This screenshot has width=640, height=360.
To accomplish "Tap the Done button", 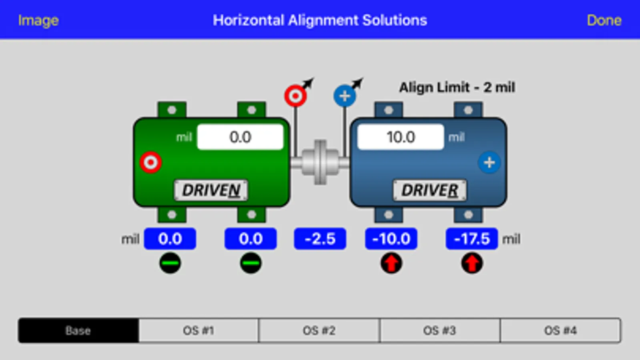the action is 604,20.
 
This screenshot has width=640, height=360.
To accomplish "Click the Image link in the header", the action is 38,20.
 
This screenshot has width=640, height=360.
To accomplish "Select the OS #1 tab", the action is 199,330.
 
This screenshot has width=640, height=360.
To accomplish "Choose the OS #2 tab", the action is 319,330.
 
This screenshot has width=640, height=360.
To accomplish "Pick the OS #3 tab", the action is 440,330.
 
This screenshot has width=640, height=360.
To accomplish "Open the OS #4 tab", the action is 561,330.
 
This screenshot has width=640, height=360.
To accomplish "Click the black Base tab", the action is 78,330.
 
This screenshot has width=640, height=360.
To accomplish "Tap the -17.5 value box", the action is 472,239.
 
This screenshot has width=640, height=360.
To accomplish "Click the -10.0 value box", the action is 391,239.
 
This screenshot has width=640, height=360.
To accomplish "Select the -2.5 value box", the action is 320,239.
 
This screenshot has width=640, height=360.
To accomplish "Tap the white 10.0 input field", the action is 401,137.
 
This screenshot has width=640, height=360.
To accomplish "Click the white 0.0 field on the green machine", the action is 240,137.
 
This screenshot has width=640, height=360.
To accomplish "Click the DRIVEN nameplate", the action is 211,190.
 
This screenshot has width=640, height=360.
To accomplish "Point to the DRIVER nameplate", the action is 430,190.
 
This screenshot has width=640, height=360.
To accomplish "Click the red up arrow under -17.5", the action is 472,263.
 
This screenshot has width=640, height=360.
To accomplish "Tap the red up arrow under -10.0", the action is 391,263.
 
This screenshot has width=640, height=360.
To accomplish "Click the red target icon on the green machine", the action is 151,162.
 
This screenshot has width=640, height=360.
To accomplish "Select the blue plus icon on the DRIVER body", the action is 489,162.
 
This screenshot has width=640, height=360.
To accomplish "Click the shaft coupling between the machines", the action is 320,162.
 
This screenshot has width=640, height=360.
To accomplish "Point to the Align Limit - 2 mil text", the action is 457,87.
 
